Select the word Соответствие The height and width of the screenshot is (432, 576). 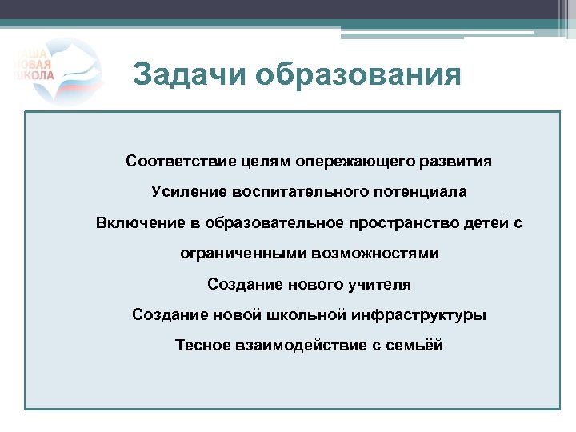(180, 162)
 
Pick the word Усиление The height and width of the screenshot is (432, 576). (188, 192)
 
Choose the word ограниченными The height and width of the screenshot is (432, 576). (237, 254)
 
